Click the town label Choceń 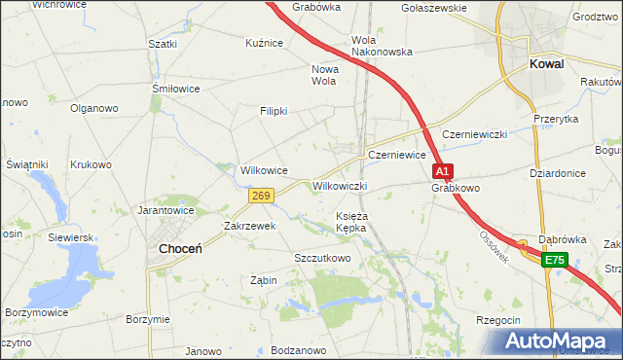point(180,249)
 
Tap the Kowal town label point(549,64)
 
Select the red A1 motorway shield point(443,171)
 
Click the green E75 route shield point(554,260)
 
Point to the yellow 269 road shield point(260,196)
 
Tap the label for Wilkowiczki point(339,185)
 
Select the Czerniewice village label point(397,155)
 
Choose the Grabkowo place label point(457,188)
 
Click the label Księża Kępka point(350,222)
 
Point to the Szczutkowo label point(322,258)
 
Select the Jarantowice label point(166,209)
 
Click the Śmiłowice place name point(176,89)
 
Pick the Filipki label point(274,111)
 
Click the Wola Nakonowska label point(382,46)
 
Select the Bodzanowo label point(298,349)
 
